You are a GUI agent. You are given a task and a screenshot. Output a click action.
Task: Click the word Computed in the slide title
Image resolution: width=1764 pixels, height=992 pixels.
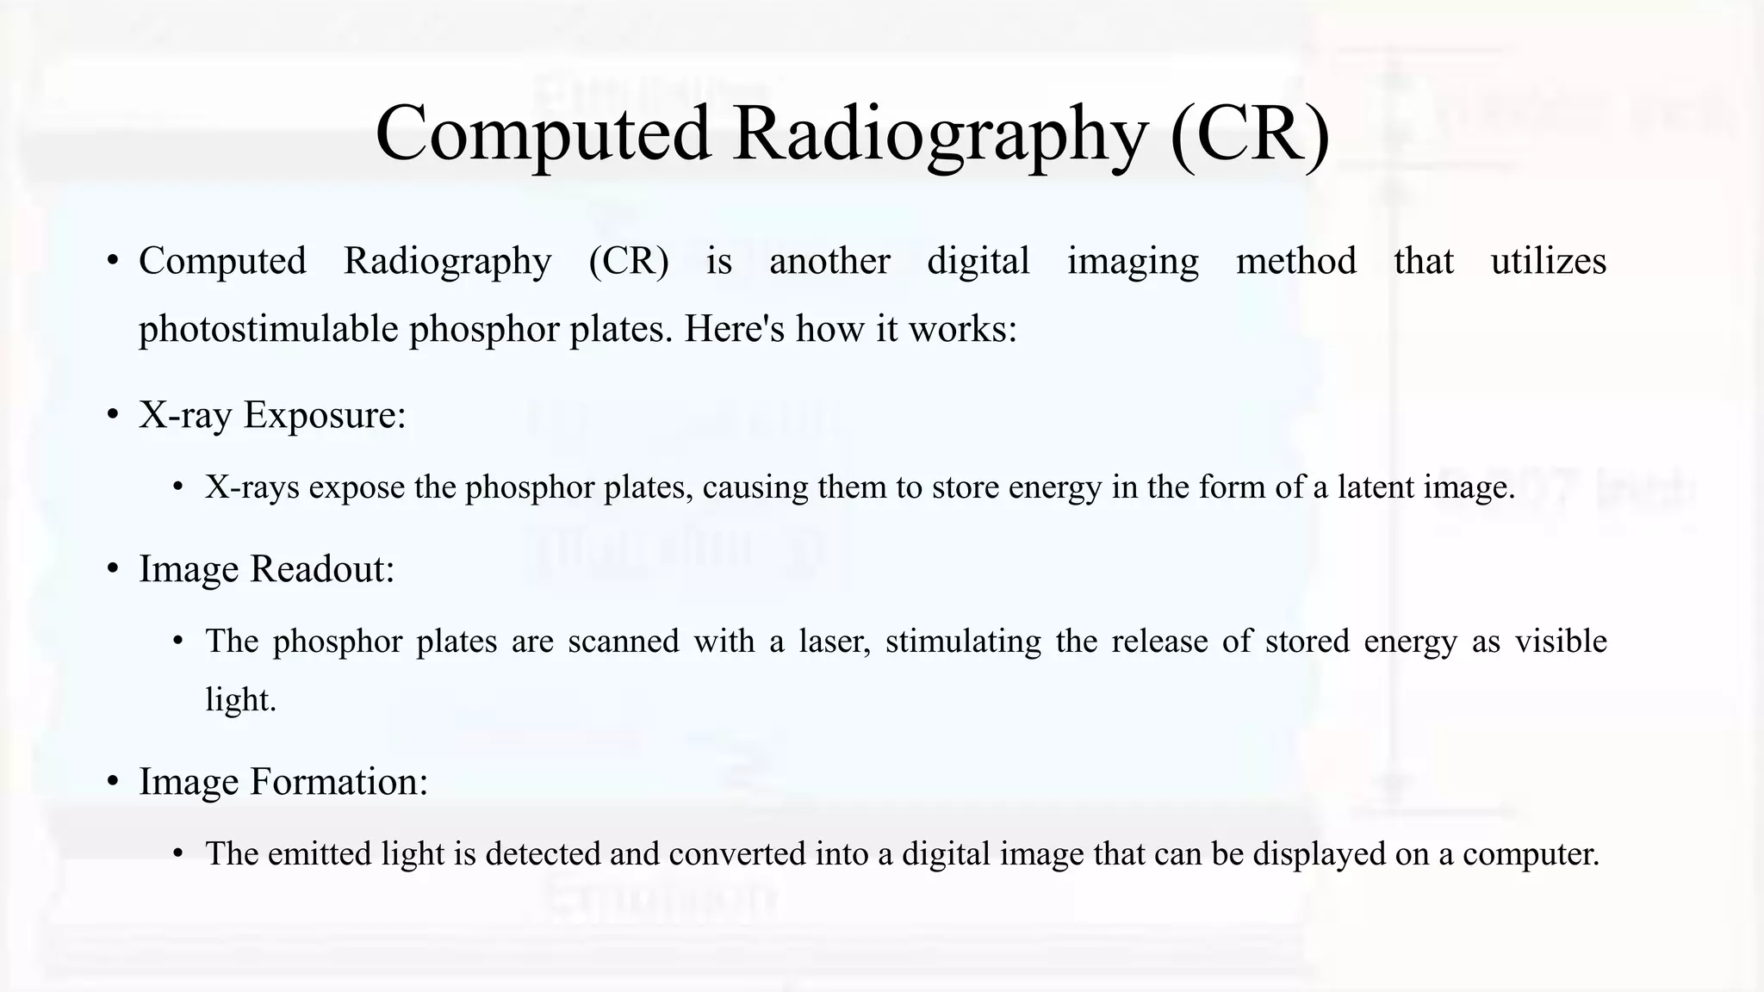coord(543,134)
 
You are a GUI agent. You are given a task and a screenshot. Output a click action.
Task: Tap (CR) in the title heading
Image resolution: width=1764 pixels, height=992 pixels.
coord(1249,134)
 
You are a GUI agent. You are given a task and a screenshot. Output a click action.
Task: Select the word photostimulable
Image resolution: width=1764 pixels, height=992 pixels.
coord(268,330)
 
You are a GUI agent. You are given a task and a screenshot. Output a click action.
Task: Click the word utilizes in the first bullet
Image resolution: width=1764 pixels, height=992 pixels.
coord(1548,262)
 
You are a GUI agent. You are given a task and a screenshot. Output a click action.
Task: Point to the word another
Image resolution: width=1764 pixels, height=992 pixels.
coord(829,262)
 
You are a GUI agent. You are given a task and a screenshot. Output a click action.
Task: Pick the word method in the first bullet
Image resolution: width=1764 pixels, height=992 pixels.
coord(1296,262)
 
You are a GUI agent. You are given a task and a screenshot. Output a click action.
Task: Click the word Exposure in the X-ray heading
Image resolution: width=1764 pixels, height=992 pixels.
coord(324,416)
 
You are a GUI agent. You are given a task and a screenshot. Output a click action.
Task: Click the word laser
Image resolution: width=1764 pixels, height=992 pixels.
coord(834,642)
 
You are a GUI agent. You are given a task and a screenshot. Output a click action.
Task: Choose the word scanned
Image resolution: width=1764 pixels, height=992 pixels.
coord(624,642)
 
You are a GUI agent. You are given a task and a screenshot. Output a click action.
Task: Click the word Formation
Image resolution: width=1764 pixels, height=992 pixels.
coord(339,783)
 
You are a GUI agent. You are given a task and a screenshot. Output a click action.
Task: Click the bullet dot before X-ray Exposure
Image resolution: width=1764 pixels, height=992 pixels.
coord(113,416)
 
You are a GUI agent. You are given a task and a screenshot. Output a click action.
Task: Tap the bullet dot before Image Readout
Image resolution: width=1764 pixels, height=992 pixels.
coord(113,569)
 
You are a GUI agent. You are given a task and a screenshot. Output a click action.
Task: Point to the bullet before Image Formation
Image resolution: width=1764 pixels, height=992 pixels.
coord(113,783)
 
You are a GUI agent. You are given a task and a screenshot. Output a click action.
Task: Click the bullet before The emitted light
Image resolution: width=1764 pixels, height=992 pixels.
coord(178,854)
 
